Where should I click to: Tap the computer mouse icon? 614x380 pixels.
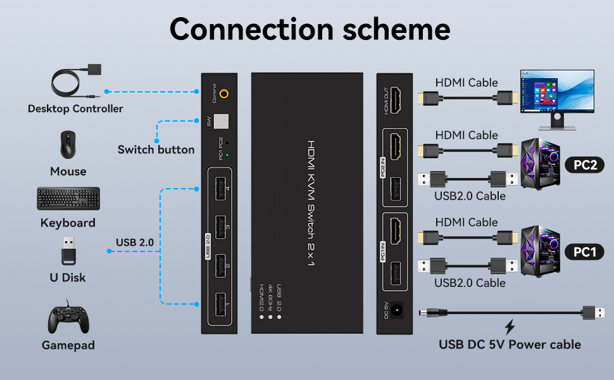[68, 145]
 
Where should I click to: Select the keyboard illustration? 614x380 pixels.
[68, 199]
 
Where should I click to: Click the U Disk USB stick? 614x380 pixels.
[68, 251]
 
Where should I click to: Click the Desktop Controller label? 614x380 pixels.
[75, 109]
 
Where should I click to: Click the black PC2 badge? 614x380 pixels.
[585, 165]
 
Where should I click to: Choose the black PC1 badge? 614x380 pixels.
[585, 252]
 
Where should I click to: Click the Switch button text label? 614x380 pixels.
[156, 150]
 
